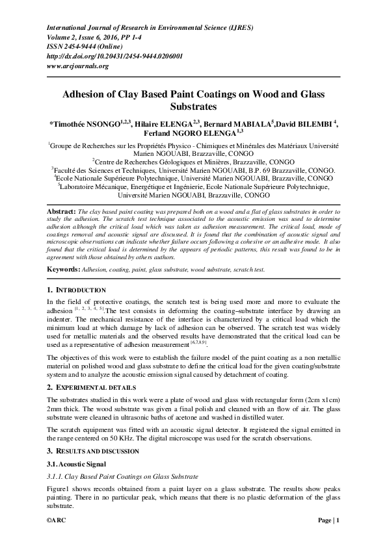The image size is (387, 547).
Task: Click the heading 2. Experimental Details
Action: click(90, 387)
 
